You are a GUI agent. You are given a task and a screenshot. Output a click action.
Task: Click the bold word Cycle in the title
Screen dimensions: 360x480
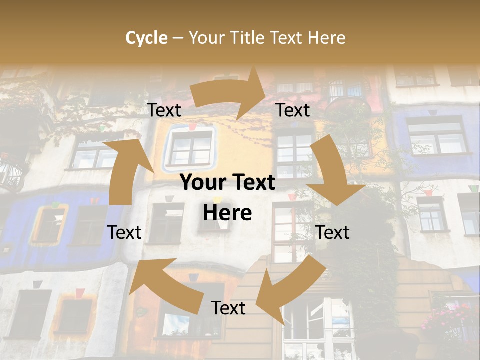(x=146, y=38)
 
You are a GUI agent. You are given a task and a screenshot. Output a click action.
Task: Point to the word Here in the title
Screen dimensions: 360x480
(x=327, y=38)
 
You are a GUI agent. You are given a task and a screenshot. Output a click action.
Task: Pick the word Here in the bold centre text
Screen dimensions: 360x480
(x=227, y=213)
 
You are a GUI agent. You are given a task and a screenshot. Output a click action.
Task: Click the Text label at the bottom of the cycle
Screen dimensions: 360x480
(x=228, y=308)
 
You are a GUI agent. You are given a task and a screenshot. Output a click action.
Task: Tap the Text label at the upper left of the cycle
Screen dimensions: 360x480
(x=164, y=110)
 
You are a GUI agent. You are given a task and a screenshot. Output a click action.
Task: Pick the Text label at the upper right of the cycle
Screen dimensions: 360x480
(x=293, y=110)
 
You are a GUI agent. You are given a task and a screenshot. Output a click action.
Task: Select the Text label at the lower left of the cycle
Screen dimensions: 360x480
(x=124, y=232)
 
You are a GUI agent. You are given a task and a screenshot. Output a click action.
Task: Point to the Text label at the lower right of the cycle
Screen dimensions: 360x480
(x=332, y=232)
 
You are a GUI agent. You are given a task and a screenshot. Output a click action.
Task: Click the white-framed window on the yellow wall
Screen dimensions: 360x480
(x=191, y=146)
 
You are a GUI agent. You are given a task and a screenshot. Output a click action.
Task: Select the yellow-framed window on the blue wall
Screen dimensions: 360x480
(x=48, y=225)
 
